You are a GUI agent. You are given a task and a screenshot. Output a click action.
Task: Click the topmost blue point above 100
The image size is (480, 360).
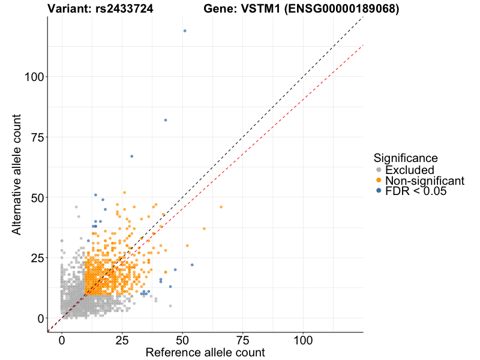(185, 31)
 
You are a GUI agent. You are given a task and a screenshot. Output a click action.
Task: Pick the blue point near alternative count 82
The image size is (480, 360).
(166, 120)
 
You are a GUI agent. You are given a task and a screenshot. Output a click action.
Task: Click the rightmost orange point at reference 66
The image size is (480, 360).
(221, 207)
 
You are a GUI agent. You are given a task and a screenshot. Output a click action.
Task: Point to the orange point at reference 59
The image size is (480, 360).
(204, 229)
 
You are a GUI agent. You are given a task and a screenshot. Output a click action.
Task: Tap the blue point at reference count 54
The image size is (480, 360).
(192, 265)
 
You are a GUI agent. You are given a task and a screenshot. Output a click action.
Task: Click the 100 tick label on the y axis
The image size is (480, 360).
(34, 77)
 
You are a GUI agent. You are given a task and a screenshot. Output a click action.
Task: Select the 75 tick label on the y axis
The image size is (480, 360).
(37, 137)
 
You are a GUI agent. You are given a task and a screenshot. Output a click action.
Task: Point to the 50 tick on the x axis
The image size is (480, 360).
(182, 340)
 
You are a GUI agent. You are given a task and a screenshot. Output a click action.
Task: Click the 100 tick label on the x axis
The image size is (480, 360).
(303, 340)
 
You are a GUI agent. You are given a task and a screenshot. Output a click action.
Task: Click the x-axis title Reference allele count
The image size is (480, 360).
(205, 352)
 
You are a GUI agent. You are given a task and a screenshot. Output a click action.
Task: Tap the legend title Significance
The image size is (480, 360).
(406, 158)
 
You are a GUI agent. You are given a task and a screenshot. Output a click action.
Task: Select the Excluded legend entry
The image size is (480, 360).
(409, 170)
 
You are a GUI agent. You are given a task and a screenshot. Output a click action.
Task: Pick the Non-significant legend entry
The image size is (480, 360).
(424, 181)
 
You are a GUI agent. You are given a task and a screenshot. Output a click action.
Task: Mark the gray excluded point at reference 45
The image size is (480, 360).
(170, 306)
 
